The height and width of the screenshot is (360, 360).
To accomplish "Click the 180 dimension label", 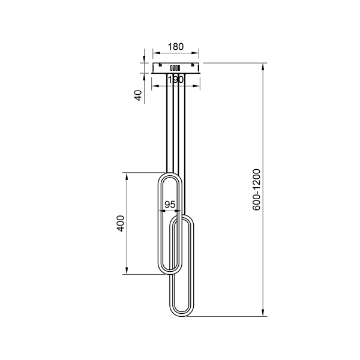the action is pyautogui.click(x=176, y=47).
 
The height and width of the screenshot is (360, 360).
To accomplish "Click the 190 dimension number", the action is pyautogui.click(x=176, y=80).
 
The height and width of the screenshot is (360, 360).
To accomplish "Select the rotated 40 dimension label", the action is pyautogui.click(x=138, y=95).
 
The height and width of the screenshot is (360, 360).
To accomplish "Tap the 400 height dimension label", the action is pyautogui.click(x=121, y=223).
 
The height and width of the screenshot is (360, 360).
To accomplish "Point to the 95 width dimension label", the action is pyautogui.click(x=170, y=205).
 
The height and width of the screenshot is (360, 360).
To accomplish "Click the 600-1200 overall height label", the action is pyautogui.click(x=256, y=190).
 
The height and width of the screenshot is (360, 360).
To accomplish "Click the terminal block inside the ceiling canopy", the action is pyautogui.click(x=175, y=68).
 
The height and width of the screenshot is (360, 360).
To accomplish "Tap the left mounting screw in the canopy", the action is pyautogui.click(x=160, y=65).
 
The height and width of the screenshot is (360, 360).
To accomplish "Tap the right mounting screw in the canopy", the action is pyautogui.click(x=193, y=65).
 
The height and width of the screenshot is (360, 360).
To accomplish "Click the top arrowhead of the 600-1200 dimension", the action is pyautogui.click(x=263, y=67).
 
